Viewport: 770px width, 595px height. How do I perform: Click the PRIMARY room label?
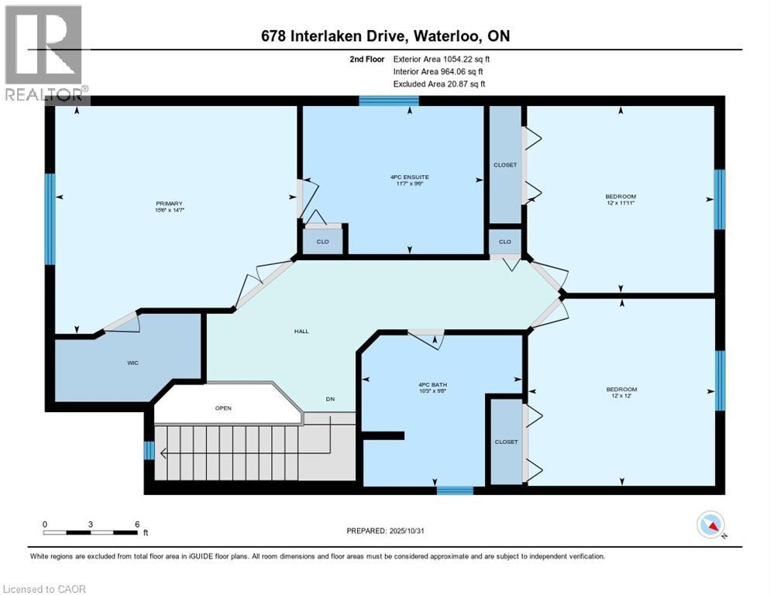coord(168,204)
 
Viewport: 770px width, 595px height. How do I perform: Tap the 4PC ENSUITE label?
coord(409,177)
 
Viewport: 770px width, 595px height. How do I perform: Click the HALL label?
coord(301,331)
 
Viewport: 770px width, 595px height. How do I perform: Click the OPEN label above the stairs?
coord(223,408)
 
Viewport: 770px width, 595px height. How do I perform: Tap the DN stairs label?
coord(330,400)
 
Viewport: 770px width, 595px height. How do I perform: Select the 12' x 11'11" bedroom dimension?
coord(620,204)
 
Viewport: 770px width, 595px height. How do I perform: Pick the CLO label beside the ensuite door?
coord(323,242)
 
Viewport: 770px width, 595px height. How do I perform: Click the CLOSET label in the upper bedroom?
coord(505,165)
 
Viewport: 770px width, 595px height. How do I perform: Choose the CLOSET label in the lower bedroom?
coord(506,442)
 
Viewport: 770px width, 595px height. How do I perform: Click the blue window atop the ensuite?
coord(389,100)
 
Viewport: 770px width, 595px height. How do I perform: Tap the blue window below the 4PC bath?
coord(455,490)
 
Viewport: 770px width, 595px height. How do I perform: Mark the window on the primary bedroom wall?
coord(50,218)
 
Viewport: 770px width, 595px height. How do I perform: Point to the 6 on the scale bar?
coord(137,524)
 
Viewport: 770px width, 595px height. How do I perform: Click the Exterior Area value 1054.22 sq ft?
coord(461,59)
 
